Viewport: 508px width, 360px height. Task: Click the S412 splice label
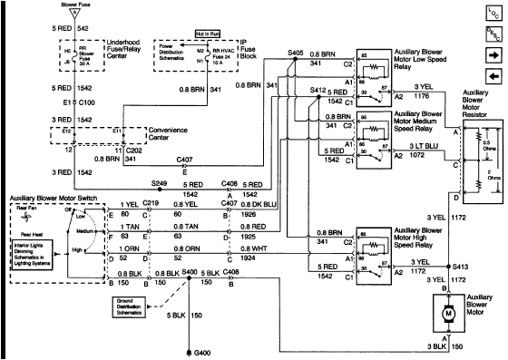(x=315, y=89)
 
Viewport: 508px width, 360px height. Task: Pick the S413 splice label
(x=459, y=268)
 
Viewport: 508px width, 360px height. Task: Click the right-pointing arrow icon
(x=493, y=56)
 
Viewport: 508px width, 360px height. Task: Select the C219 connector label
(x=150, y=230)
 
